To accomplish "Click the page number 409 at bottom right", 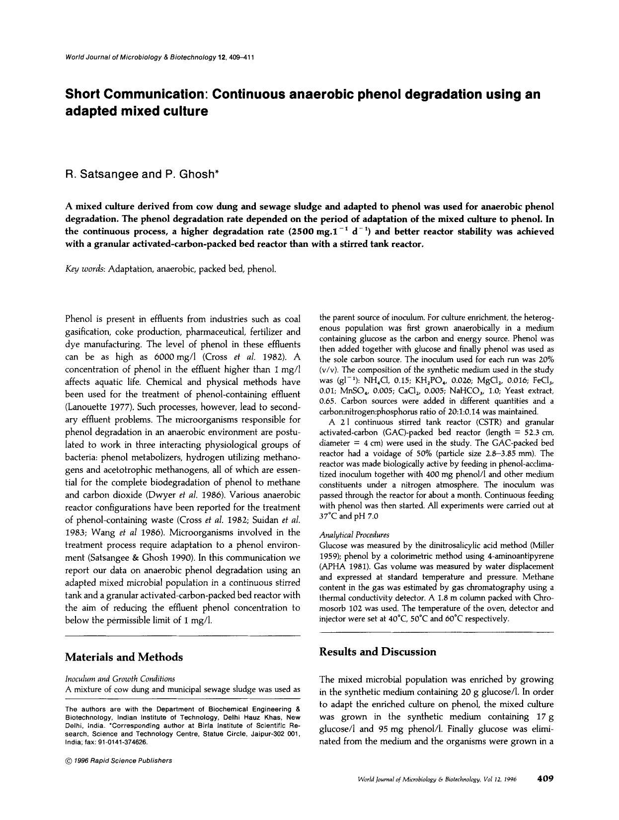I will pos(545,779).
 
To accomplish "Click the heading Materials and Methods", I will pos(124,657).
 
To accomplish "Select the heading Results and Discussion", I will pos(378,652).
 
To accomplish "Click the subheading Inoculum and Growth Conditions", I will pos(120,678).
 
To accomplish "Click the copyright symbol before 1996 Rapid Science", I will pos(68,760).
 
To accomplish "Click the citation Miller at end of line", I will pos(543,545).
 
